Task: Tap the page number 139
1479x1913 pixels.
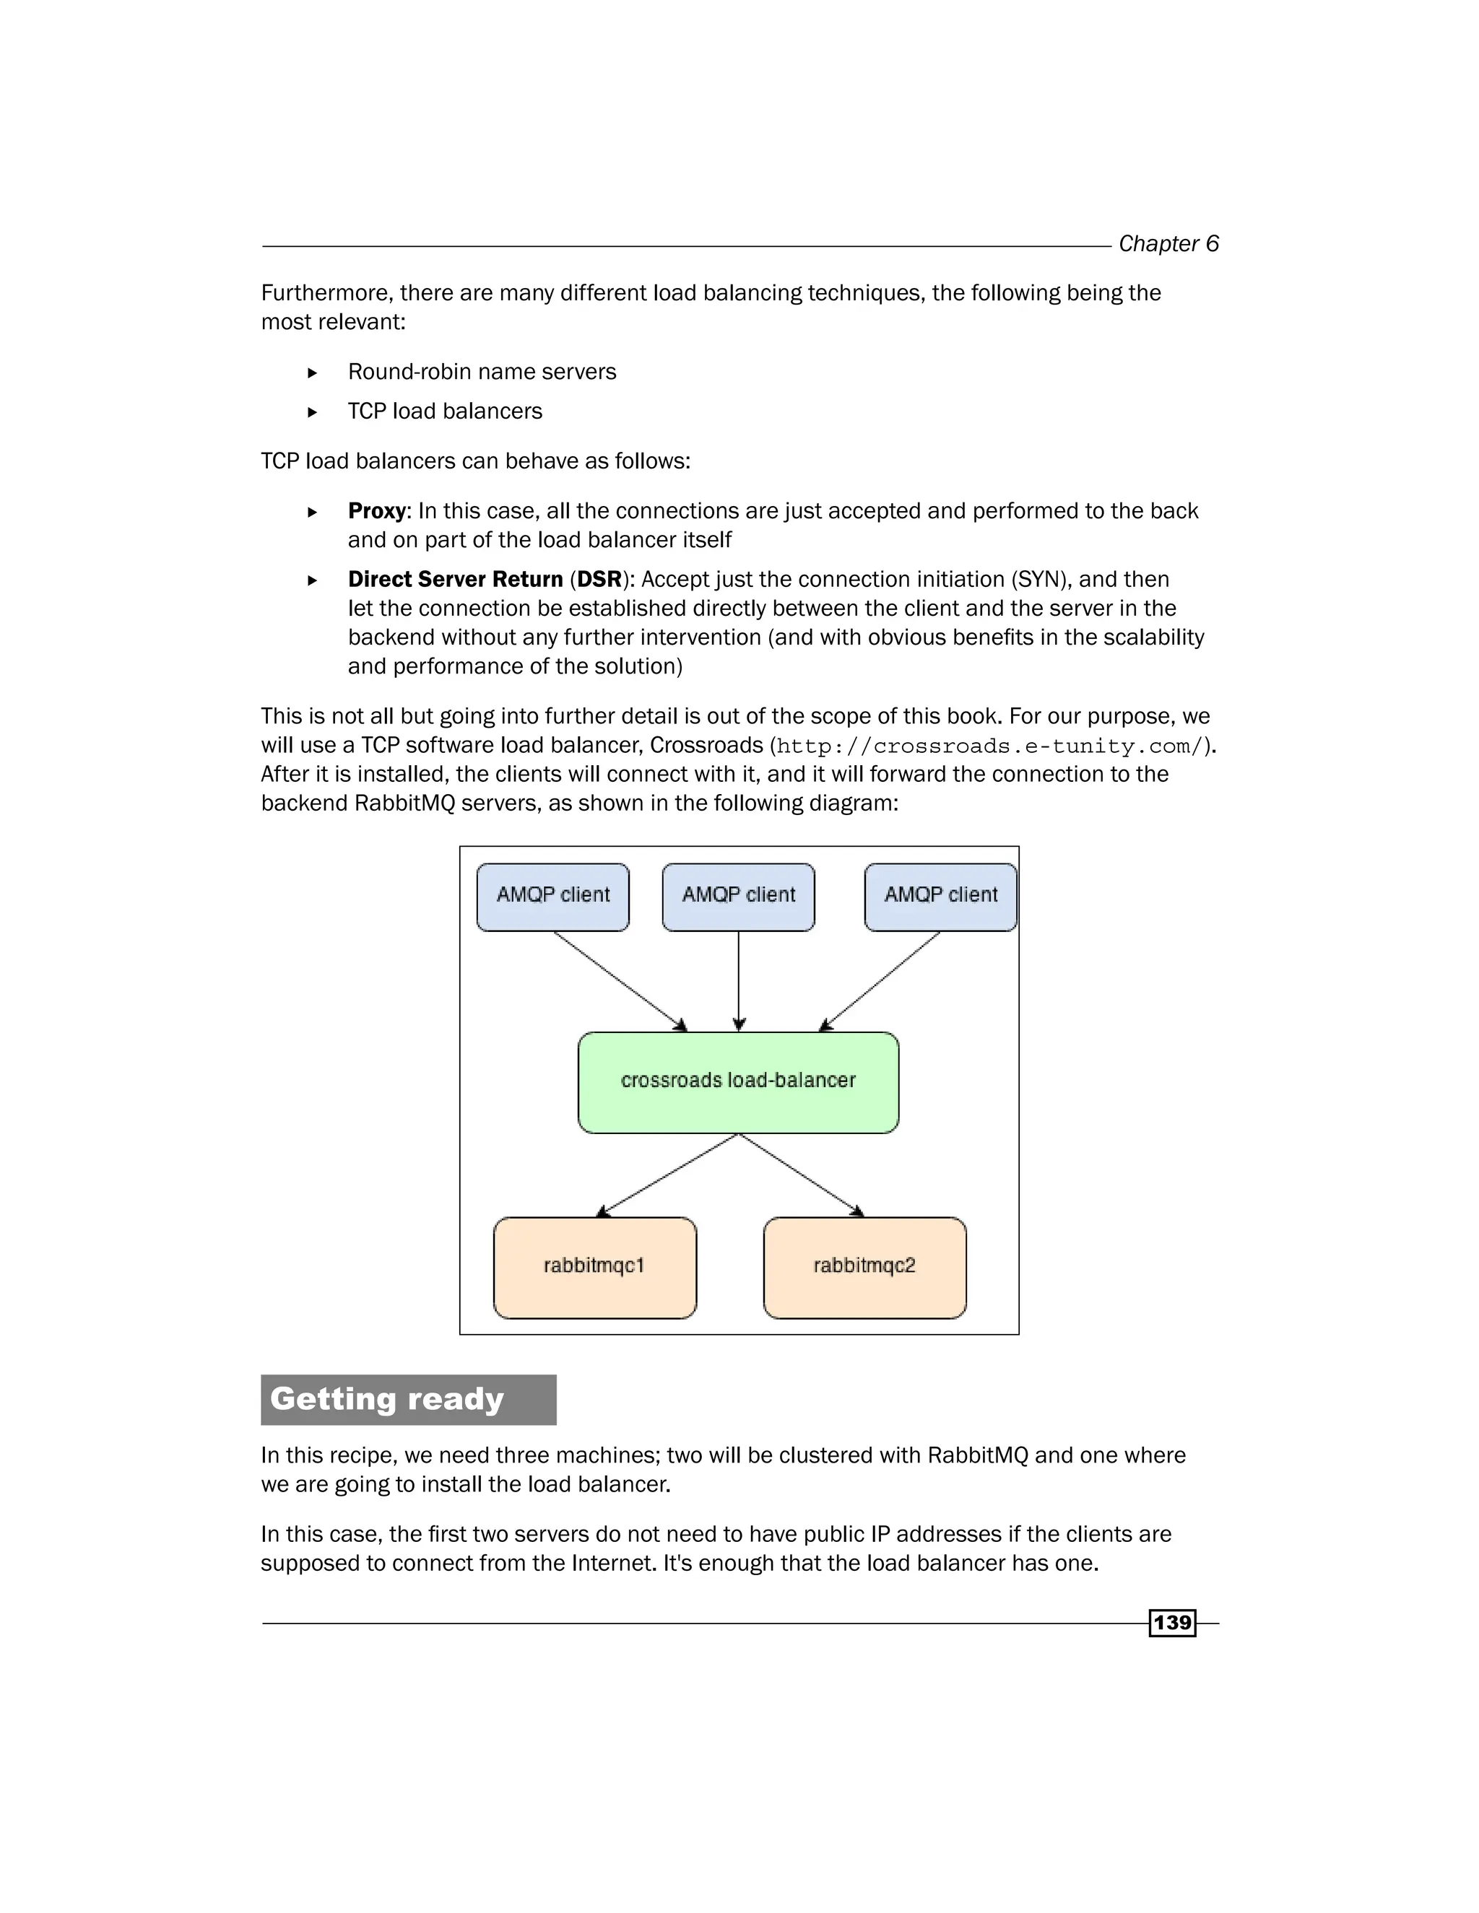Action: click(x=1171, y=1622)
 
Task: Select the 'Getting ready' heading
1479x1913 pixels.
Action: click(x=387, y=1399)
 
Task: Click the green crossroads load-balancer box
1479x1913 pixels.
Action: click(x=738, y=1082)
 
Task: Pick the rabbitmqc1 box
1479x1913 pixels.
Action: click(x=594, y=1267)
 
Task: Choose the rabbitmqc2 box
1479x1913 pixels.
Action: click(x=864, y=1267)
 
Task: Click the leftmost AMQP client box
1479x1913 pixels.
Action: click(x=553, y=896)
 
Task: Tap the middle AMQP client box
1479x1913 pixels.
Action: click(x=738, y=896)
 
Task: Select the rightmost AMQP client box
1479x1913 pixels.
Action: click(x=940, y=896)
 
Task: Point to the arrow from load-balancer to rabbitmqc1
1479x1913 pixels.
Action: click(x=668, y=1175)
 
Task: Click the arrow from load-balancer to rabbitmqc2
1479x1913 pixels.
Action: click(x=802, y=1175)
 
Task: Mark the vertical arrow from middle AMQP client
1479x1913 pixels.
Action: click(x=739, y=981)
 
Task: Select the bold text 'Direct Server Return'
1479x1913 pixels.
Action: click(x=455, y=579)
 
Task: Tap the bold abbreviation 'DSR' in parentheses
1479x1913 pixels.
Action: click(x=599, y=579)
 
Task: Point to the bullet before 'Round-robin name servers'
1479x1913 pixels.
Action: click(x=313, y=373)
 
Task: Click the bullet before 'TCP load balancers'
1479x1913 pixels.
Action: click(x=313, y=411)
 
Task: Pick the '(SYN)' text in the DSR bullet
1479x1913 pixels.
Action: click(x=1039, y=579)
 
